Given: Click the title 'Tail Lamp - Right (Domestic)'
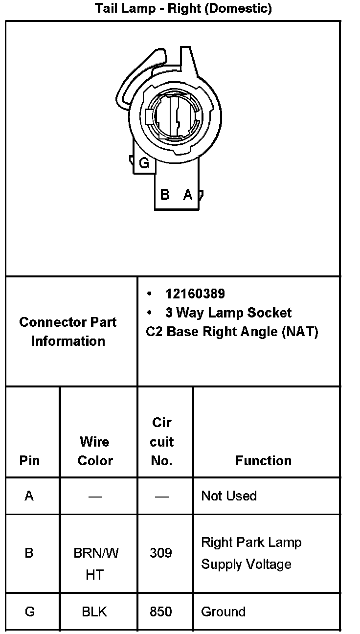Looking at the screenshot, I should click(183, 8).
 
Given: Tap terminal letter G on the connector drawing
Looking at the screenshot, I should click(144, 163).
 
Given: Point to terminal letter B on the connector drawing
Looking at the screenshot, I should click(165, 194).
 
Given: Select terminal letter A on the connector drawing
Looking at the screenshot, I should click(187, 194).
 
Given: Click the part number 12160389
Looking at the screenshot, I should click(195, 294).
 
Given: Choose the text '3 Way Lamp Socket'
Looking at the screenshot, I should click(228, 313).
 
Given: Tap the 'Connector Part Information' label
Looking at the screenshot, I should click(68, 331).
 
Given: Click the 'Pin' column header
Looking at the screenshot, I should click(29, 460).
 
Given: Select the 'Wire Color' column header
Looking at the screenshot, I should click(95, 451).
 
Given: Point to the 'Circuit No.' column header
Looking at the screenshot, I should click(161, 441).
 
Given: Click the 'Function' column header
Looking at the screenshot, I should click(263, 460).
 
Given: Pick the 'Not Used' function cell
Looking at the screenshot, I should click(229, 496).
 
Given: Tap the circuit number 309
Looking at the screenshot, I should click(161, 553).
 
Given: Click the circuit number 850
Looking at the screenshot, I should click(161, 611).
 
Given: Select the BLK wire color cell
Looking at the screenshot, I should click(95, 611).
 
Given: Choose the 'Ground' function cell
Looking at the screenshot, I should click(223, 611).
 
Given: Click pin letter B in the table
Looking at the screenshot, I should click(29, 553).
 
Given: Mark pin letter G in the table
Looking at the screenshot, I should click(29, 611).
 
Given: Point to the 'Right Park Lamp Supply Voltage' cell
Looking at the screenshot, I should click(251, 553).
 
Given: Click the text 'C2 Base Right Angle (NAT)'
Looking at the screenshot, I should click(232, 332).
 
